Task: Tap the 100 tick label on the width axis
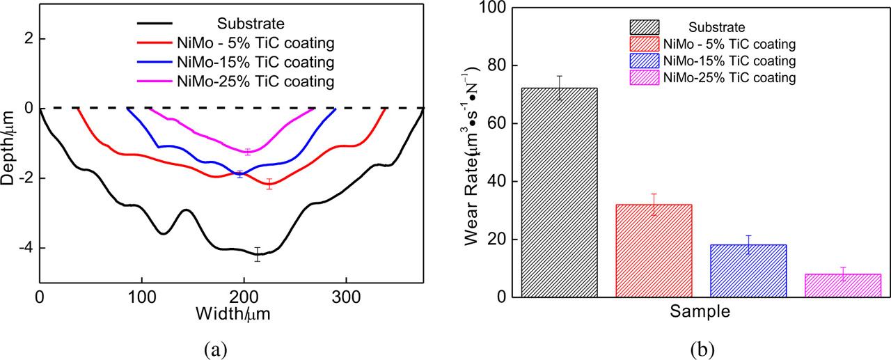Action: pos(141,296)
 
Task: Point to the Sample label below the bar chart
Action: pos(700,312)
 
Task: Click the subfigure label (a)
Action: pos(215,346)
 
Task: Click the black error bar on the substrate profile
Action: pos(258,254)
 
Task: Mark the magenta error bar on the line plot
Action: pos(247,152)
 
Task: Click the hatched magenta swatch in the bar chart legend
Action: pos(644,77)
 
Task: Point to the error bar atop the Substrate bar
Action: pos(559,88)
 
